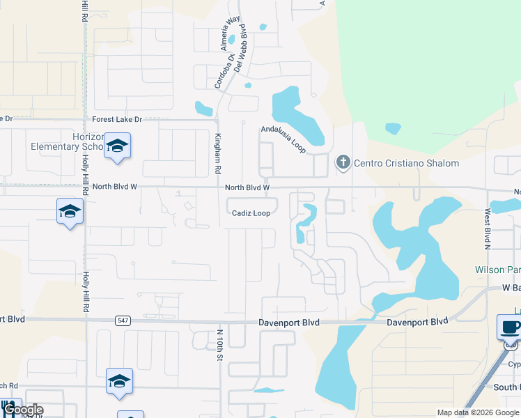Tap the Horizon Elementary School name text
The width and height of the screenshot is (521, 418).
68,141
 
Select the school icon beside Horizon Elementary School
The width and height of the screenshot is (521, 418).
117,146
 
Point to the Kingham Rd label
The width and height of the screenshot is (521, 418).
217,153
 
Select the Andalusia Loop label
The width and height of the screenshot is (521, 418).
283,139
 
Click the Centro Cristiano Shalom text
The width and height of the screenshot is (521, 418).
407,163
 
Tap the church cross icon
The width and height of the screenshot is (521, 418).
342,162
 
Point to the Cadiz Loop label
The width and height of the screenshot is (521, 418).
251,213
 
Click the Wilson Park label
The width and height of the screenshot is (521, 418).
497,270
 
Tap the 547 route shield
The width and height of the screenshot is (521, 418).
123,320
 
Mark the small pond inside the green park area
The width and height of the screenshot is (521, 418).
393,128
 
